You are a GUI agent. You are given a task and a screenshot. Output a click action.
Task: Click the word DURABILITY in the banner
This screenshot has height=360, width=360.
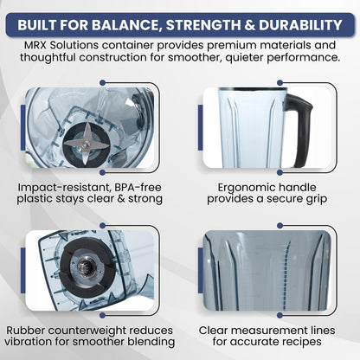[x=300, y=25]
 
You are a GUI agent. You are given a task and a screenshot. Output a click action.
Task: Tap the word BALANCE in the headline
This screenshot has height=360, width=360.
[x=125, y=25]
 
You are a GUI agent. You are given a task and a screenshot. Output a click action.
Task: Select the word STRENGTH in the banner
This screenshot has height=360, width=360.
[x=202, y=25]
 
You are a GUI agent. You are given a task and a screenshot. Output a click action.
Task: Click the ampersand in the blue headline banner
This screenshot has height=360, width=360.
[x=249, y=25]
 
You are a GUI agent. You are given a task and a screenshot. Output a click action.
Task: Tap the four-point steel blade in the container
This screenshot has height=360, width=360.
[x=86, y=143]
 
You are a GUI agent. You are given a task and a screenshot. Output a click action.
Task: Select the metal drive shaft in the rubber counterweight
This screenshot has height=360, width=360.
[x=87, y=265]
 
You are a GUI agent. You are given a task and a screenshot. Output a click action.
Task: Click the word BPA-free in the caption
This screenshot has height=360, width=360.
[x=138, y=188]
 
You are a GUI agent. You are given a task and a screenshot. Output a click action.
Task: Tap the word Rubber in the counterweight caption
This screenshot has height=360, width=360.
[x=24, y=331]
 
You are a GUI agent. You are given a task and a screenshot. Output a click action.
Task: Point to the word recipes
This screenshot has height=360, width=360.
[x=302, y=343]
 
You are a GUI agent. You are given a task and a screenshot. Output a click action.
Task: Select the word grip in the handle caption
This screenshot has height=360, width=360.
[x=317, y=200]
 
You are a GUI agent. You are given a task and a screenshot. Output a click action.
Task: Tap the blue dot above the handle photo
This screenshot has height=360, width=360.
[x=280, y=83]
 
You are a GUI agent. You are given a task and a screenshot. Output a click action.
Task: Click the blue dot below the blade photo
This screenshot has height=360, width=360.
[x=102, y=172]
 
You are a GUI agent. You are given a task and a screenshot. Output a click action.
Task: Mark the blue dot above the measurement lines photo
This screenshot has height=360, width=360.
[x=280, y=226]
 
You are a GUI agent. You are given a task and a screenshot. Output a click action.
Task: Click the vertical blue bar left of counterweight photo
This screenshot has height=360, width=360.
[x=23, y=271]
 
